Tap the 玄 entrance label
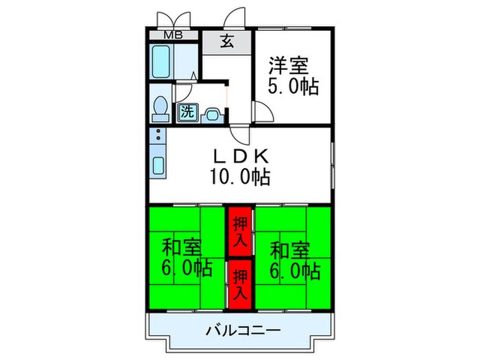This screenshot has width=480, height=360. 226,41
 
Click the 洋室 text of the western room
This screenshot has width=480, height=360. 288,67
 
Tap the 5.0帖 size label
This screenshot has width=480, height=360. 288,88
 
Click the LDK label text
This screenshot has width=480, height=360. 239,156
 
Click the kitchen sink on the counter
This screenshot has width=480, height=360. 158,167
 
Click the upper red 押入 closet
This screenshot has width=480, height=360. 239,230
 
